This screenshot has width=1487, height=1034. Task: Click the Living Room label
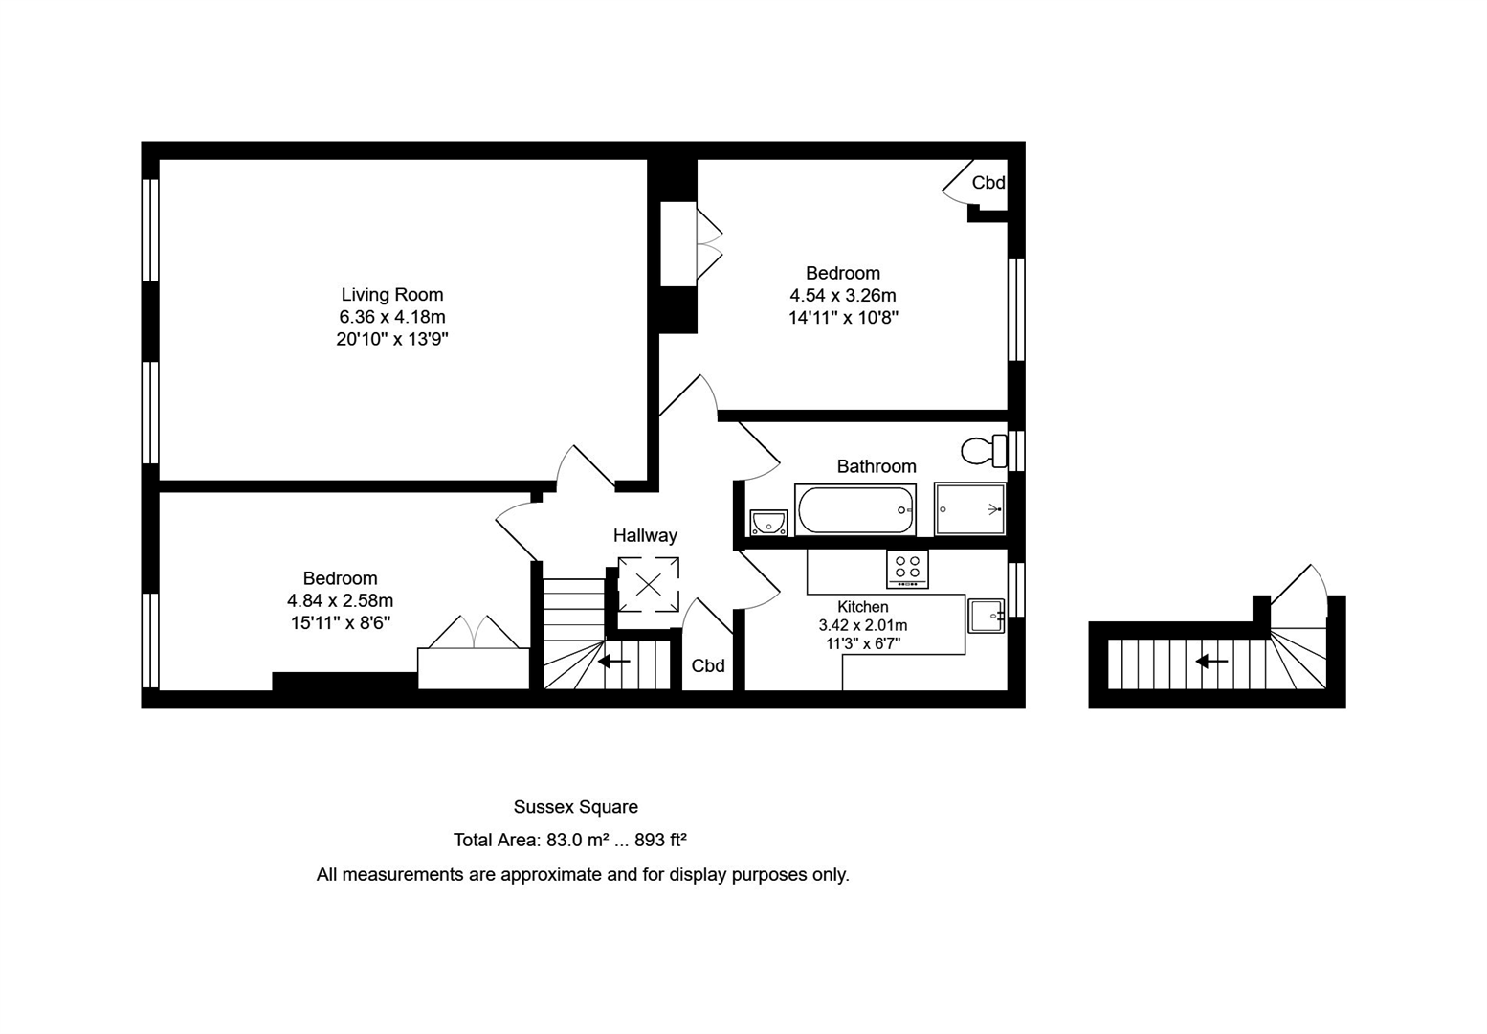point(391,295)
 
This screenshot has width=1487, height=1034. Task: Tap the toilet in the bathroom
point(983,450)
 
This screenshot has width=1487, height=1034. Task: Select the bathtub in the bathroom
point(854,509)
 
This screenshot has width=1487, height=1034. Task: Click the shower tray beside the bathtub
point(969,509)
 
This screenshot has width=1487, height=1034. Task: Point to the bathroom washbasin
point(767,523)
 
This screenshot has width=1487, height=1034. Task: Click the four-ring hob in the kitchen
point(907,569)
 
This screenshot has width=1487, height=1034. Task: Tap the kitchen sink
point(986,616)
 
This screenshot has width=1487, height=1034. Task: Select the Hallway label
point(645,536)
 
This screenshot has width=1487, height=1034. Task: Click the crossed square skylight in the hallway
point(648,584)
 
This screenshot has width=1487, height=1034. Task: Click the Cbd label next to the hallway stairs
point(708,666)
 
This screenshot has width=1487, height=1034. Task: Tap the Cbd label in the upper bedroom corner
point(988,183)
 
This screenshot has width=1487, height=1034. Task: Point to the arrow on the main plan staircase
point(614,662)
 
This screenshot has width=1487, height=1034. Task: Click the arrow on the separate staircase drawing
point(1211,662)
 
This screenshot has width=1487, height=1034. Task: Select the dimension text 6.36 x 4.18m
point(392,317)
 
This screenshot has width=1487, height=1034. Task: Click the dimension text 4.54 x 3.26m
point(842,296)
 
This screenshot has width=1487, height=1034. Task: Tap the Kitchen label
point(862,607)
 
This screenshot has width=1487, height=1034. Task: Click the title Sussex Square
point(575,807)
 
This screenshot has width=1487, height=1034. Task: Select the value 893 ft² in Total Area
point(660,841)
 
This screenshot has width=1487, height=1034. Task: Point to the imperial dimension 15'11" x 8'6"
point(341,623)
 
